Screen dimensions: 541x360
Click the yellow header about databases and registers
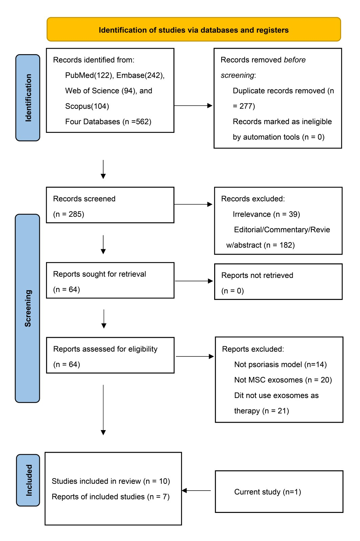tap(194, 30)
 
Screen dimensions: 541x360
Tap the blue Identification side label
tap(28, 98)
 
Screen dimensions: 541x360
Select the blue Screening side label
tap(27, 308)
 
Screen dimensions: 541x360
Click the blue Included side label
tap(28, 480)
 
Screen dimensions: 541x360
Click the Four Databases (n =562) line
tap(108, 122)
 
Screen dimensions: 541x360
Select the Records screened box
tap(110, 205)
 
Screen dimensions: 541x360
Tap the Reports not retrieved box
tap(278, 282)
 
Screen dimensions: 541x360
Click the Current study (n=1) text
tap(267, 492)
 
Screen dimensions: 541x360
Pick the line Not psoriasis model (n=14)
tap(280, 364)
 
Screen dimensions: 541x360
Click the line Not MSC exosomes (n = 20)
tap(283, 380)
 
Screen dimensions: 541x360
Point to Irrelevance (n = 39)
tap(266, 214)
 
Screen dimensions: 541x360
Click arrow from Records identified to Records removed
tap(193, 106)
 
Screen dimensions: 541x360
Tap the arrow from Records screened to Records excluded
tap(193, 204)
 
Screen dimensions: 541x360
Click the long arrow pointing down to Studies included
tap(103, 409)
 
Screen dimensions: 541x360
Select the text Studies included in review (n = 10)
tap(111, 481)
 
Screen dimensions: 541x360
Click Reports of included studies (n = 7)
tap(110, 497)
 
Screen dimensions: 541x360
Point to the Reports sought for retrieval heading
tap(99, 274)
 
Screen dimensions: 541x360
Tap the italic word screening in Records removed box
tap(237, 75)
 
